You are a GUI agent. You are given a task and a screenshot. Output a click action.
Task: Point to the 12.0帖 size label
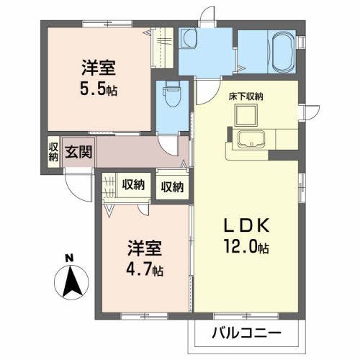tap(246, 248)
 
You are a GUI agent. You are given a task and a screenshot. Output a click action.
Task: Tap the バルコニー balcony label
tap(245, 333)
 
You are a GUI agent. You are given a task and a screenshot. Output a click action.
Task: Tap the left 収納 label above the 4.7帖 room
tap(132, 185)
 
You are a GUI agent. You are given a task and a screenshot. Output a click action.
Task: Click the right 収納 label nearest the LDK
tap(172, 187)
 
